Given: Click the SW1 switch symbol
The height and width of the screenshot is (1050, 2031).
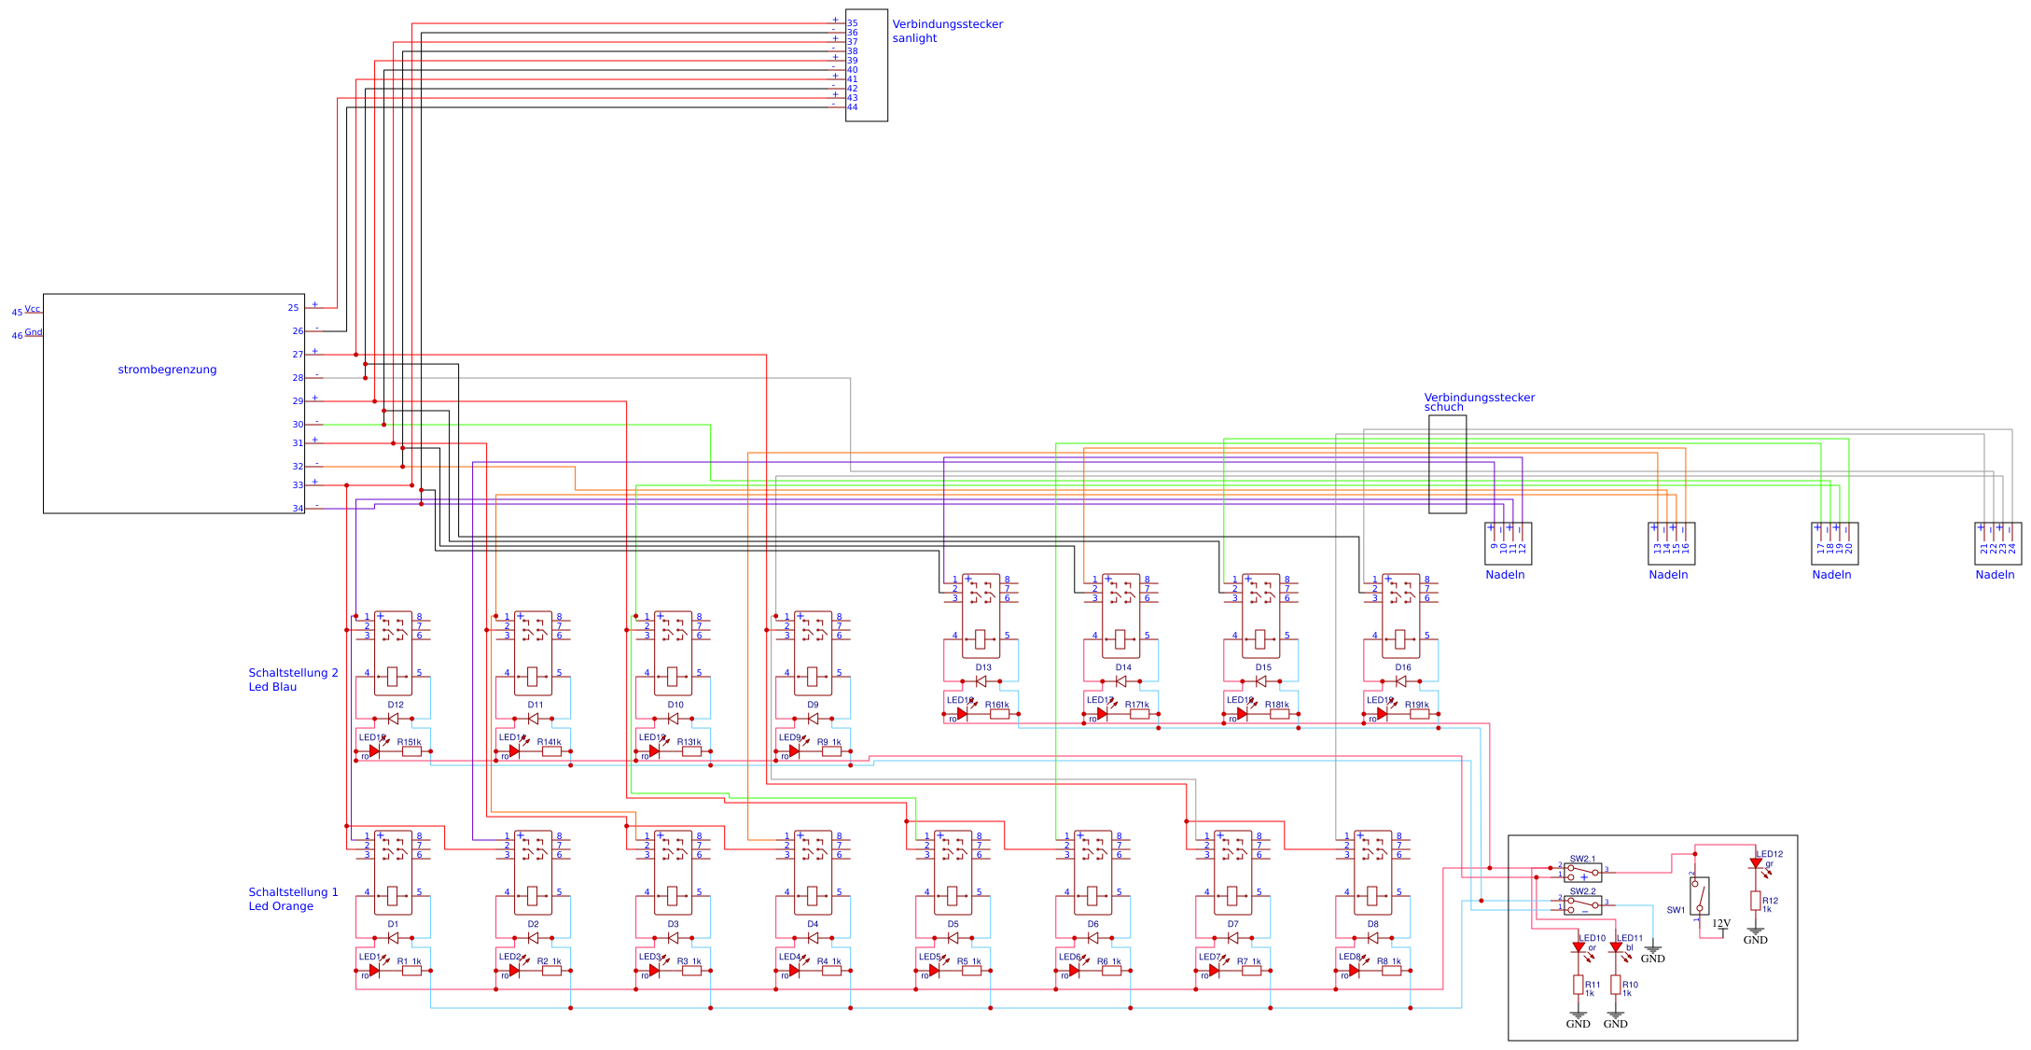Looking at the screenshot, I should [1699, 895].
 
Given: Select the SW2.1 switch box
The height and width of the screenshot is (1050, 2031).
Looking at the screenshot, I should [1582, 873].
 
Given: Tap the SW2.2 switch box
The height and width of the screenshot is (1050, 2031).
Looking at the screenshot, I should [1582, 905].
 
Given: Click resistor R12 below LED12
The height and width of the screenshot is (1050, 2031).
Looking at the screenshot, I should [1755, 901].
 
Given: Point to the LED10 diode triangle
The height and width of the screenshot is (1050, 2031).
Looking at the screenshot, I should [1578, 947].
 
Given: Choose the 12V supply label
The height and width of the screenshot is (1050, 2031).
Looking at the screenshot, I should [1721, 923].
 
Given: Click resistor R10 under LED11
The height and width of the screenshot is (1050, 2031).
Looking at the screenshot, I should [1615, 985].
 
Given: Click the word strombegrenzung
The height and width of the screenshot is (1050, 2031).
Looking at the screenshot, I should [167, 370].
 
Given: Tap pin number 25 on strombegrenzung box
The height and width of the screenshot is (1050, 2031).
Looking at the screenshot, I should [293, 307].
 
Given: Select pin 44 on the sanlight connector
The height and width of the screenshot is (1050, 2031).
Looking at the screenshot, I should [852, 107].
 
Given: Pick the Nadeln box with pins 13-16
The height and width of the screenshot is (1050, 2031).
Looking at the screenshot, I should [1671, 543].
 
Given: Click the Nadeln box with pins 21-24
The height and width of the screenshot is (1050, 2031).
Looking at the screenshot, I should [1997, 543].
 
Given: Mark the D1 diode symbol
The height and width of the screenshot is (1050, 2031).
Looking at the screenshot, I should [393, 938].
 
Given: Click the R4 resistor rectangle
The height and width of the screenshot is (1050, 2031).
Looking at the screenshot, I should [831, 971].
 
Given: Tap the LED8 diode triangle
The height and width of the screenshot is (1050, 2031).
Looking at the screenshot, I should [1354, 971].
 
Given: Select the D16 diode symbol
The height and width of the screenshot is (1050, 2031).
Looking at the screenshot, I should [1400, 681].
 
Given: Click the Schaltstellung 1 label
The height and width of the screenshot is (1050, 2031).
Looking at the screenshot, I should [293, 892].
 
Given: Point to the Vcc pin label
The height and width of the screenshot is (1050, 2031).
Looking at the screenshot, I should [33, 309].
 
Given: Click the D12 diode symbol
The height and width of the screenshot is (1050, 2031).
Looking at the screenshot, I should [393, 719].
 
